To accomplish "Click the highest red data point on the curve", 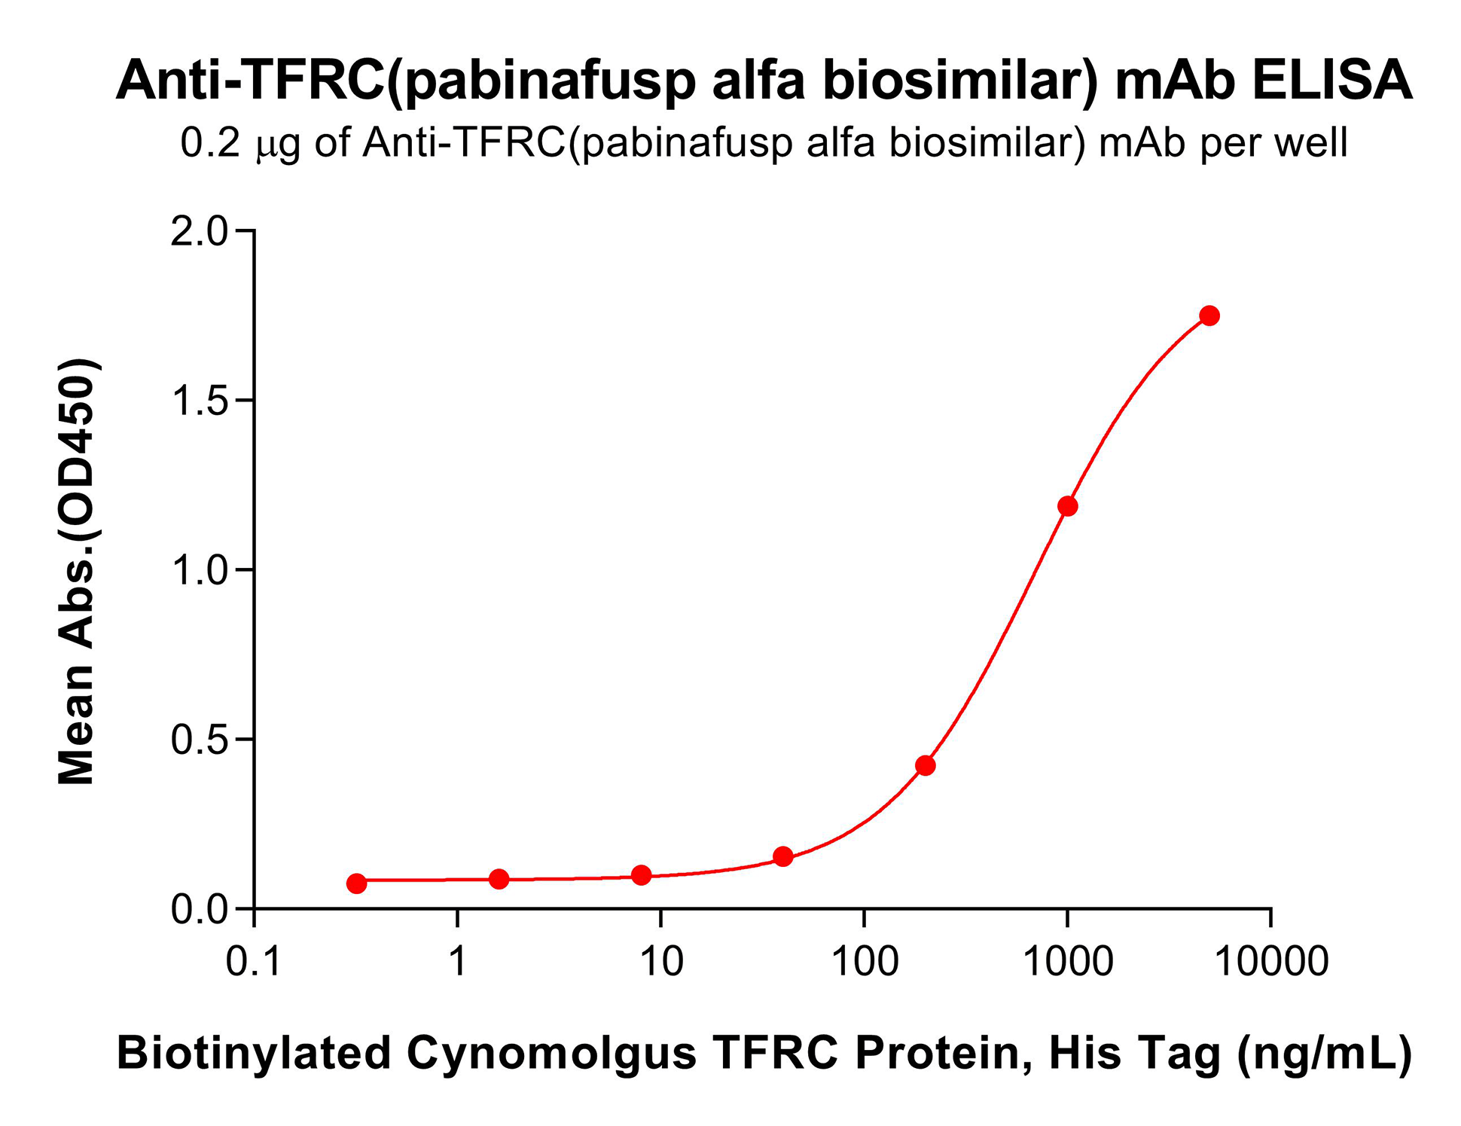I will click(1209, 316).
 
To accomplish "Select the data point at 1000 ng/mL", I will click(1067, 506).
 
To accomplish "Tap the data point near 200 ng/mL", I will click(926, 766).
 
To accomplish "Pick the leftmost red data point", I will click(357, 883).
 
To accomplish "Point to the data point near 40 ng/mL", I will click(783, 856).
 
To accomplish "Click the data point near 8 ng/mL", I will click(641, 875).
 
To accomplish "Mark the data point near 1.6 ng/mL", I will click(499, 879).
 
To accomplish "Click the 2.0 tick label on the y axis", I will click(199, 232).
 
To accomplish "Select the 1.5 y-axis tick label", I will click(199, 401).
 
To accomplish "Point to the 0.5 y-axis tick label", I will click(199, 740).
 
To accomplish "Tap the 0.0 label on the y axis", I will click(199, 910).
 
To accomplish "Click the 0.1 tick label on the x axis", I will click(254, 963).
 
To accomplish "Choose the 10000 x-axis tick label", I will click(1271, 963).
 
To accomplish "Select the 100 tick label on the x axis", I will click(865, 963).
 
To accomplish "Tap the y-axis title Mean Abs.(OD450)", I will click(77, 572).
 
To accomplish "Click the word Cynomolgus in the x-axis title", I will click(551, 1053).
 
